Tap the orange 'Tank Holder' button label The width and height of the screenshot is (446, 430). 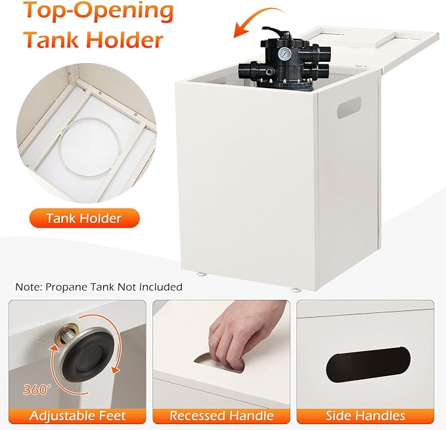pos(84,218)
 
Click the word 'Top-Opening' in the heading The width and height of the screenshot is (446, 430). pos(98,11)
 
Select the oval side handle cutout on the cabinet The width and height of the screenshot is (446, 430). pos(349,107)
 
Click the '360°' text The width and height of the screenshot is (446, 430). pos(37,389)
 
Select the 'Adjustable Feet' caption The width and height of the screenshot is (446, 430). pos(78,416)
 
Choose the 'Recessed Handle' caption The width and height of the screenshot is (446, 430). pos(221,416)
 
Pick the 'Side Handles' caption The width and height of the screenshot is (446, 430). pos(365,416)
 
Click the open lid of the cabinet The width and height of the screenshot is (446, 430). pos(370,51)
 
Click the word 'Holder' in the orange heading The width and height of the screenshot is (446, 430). pos(124,39)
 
